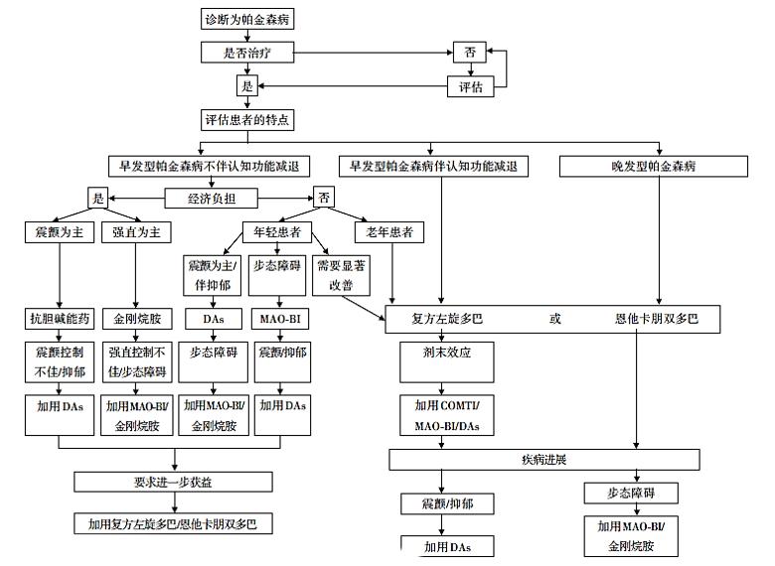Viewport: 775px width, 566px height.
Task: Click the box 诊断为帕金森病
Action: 247,20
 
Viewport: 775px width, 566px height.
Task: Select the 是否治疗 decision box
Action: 247,53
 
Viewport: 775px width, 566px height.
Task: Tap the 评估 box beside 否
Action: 471,87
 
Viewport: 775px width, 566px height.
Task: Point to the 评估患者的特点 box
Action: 247,120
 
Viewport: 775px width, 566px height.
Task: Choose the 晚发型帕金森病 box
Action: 654,166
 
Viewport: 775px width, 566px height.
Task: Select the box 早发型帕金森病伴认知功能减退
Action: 432,166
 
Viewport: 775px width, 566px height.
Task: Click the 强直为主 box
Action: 136,232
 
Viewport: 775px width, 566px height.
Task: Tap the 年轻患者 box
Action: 279,232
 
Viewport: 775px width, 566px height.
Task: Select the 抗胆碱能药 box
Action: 59,320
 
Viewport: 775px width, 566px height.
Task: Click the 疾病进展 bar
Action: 543,460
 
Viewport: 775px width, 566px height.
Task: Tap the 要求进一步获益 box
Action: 173,482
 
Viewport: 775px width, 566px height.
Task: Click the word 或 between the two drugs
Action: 554,320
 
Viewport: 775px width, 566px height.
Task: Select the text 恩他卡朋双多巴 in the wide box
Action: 657,320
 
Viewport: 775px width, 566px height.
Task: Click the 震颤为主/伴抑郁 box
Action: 210,275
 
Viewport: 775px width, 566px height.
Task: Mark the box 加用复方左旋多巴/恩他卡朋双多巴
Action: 173,523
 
